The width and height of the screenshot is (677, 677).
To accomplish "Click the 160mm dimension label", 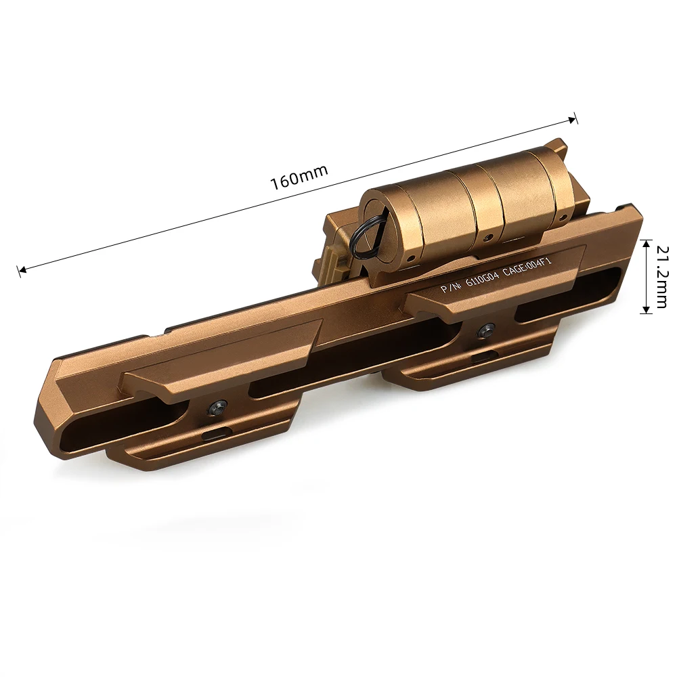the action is [x=299, y=177].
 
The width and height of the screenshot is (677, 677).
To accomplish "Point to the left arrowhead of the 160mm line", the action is [x=22, y=270].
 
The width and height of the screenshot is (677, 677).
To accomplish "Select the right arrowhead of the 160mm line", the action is [x=573, y=120].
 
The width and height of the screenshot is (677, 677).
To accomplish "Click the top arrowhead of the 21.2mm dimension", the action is [x=646, y=244].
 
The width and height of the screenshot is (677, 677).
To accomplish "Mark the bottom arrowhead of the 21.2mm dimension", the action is [x=646, y=309].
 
